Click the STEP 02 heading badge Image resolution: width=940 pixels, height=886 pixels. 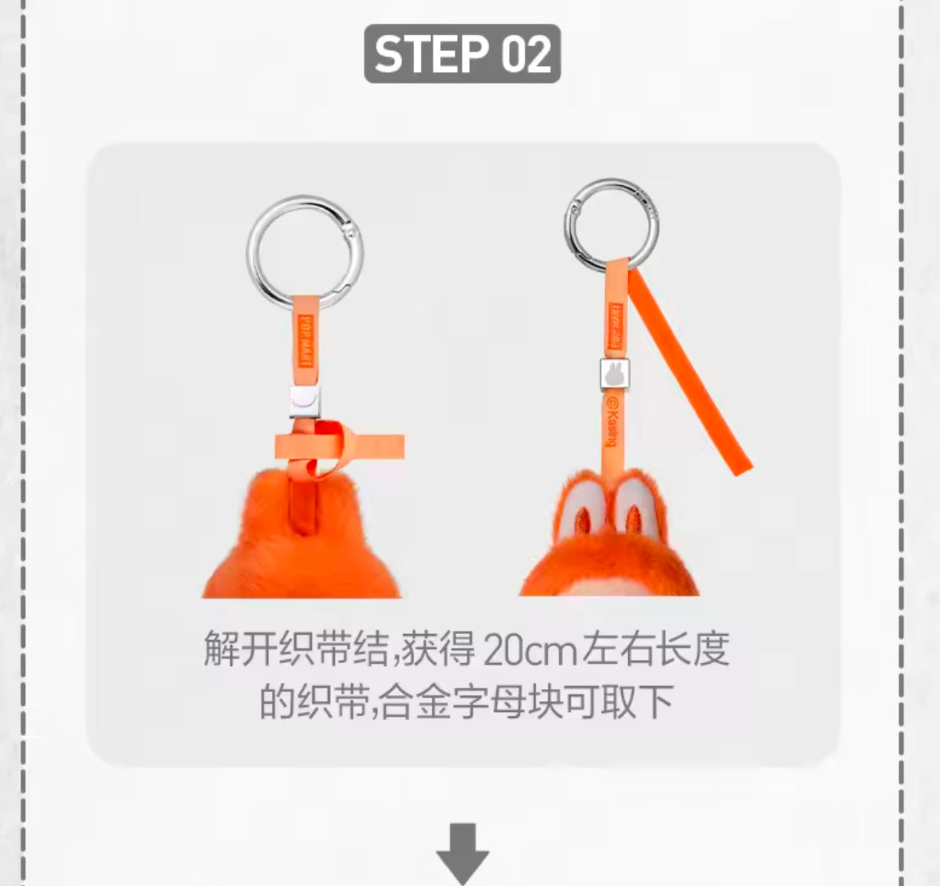coord(462,53)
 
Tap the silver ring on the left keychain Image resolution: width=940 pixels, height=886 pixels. coord(250,251)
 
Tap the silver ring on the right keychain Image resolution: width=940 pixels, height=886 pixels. coord(569,225)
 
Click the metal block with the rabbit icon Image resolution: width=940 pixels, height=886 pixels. coord(615,374)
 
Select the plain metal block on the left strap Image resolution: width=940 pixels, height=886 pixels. coord(305,401)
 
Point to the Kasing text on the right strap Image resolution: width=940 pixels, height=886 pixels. coord(612,422)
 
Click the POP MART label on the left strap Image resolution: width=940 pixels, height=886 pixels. coord(306,341)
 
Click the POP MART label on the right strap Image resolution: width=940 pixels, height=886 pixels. coord(616,326)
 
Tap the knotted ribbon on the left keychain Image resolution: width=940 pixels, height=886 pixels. coord(339,448)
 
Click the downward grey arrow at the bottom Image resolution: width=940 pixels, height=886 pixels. coord(462,854)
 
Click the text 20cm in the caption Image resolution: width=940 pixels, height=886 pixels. coord(530,649)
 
